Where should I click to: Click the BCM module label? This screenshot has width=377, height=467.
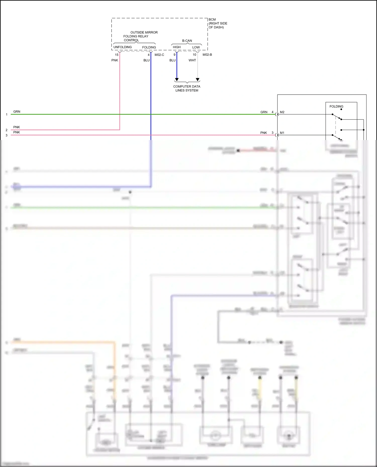(x=212, y=20)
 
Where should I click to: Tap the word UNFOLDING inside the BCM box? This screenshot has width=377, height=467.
(x=122, y=47)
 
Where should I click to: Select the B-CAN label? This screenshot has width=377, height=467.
(x=187, y=41)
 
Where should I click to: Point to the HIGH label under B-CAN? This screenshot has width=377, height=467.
(x=177, y=47)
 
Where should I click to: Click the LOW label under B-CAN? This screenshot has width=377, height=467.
(x=196, y=47)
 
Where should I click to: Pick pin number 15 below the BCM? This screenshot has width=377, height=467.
(x=117, y=55)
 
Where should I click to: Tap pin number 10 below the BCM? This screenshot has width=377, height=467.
(x=194, y=55)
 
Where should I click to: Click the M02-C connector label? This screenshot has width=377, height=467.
(x=159, y=55)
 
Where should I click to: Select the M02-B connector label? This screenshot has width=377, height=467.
(x=207, y=55)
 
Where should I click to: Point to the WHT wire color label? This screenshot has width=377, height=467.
(x=192, y=60)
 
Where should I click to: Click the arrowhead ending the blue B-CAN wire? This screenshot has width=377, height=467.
(x=177, y=80)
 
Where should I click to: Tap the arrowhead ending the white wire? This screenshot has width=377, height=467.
(x=198, y=80)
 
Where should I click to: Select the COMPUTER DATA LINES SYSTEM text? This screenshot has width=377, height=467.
(x=187, y=88)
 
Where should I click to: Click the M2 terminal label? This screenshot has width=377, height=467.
(x=282, y=112)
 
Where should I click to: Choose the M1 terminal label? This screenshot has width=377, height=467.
(x=282, y=133)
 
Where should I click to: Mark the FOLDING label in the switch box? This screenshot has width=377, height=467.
(x=336, y=106)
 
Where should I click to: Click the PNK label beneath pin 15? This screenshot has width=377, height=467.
(x=115, y=60)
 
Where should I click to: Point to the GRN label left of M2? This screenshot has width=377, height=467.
(x=264, y=112)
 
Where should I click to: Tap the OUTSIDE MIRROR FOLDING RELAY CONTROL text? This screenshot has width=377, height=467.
(x=140, y=36)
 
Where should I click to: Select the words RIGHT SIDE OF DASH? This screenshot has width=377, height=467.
(x=218, y=25)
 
